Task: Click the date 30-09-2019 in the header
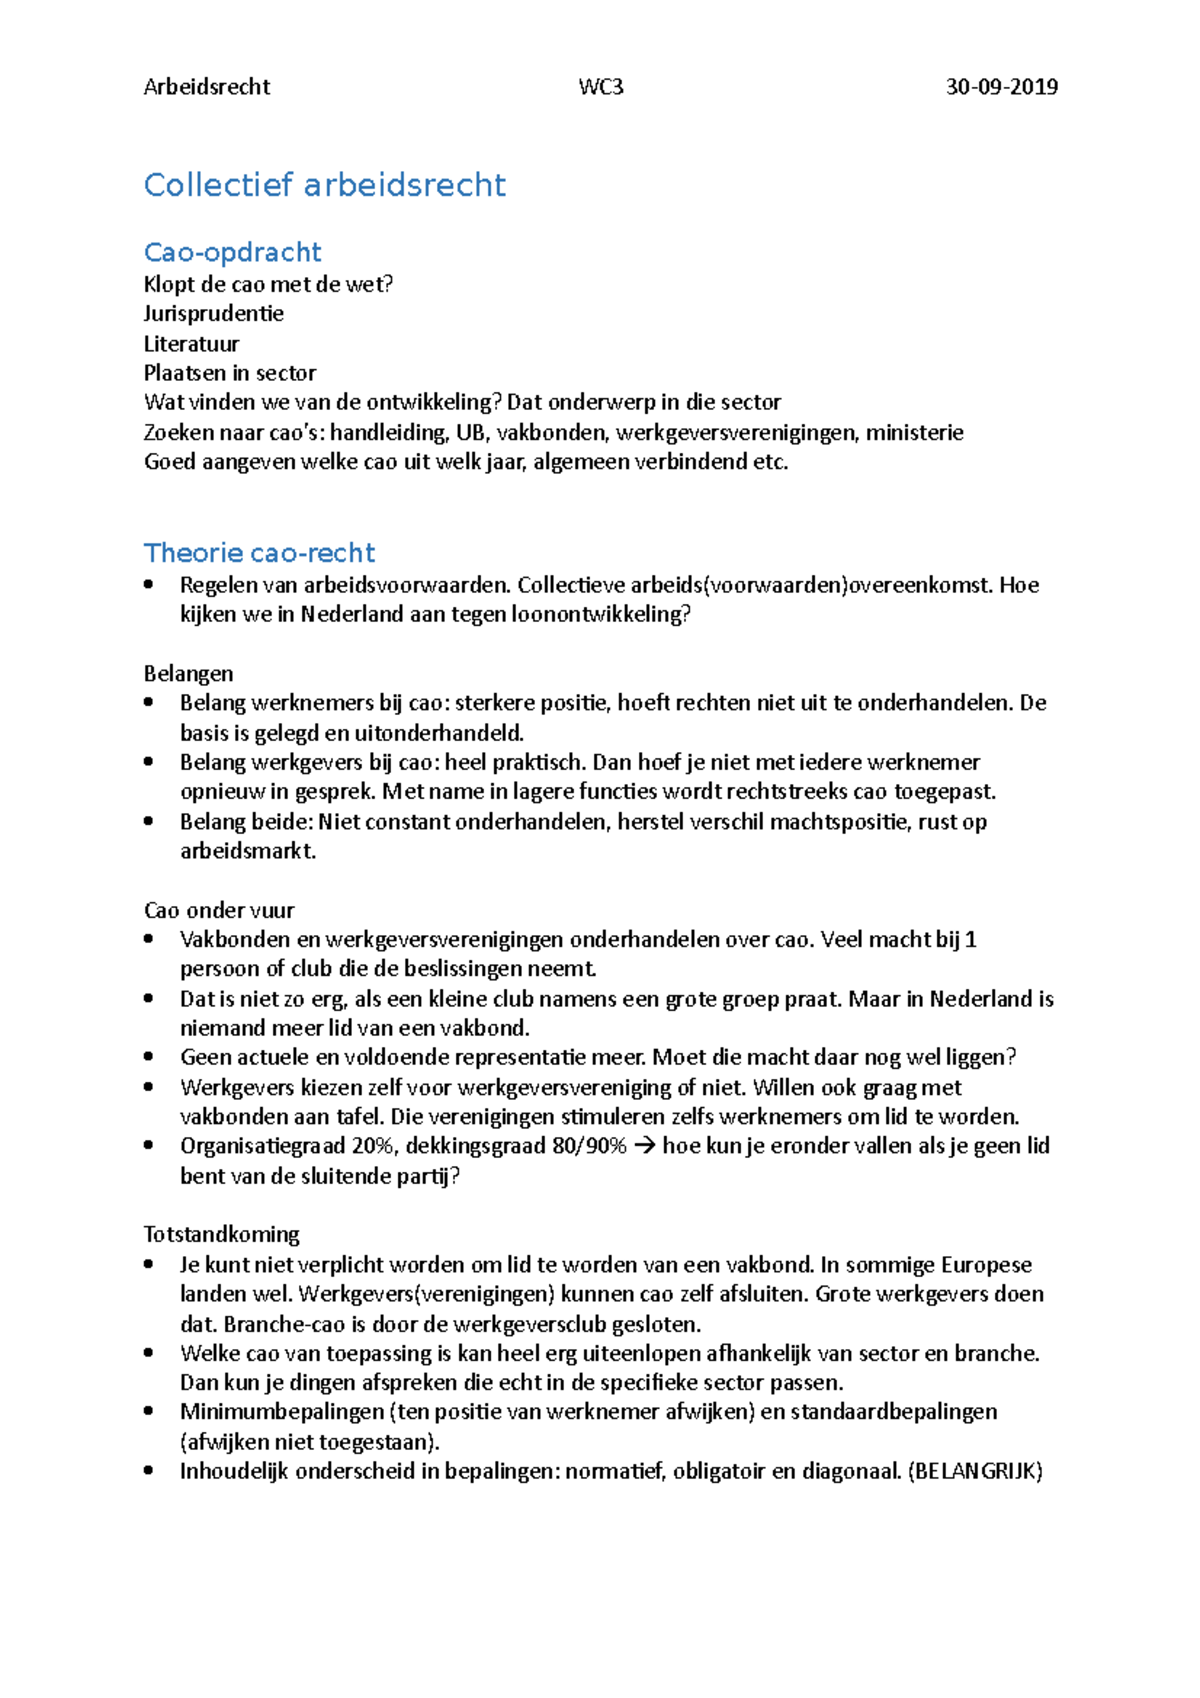(x=1001, y=87)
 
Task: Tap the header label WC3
(x=600, y=87)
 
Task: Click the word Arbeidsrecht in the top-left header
(x=207, y=87)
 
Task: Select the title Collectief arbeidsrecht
(x=324, y=185)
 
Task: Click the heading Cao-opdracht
(x=232, y=252)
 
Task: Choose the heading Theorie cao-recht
(x=259, y=553)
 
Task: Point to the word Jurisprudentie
(x=213, y=314)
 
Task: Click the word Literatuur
(x=191, y=344)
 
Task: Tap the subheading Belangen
(x=188, y=674)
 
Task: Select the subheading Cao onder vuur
(x=219, y=910)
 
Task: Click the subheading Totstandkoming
(x=221, y=1234)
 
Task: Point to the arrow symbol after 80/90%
(x=644, y=1146)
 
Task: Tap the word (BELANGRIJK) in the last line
(x=975, y=1471)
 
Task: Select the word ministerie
(x=914, y=433)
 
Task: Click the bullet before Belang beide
(x=149, y=822)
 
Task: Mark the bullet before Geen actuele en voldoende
(x=149, y=1057)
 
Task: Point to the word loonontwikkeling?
(x=600, y=614)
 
